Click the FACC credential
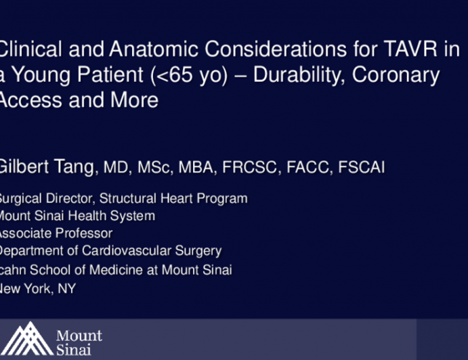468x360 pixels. (x=302, y=168)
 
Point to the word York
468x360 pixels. (x=40, y=288)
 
